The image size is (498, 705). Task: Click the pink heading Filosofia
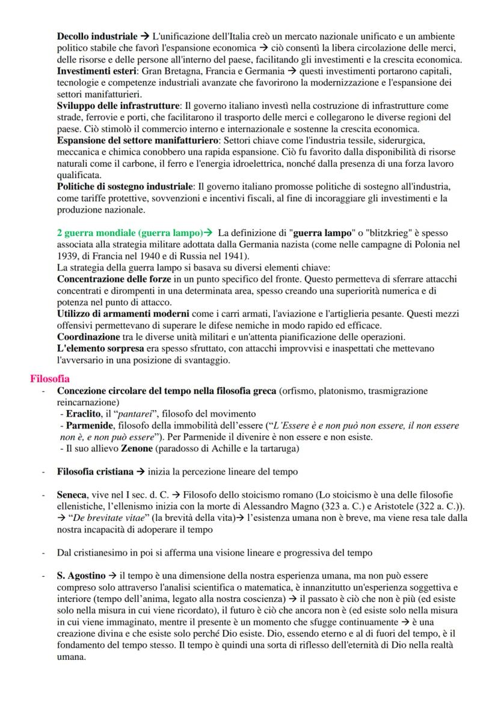click(x=50, y=379)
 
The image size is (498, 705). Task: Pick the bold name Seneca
click(x=72, y=495)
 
